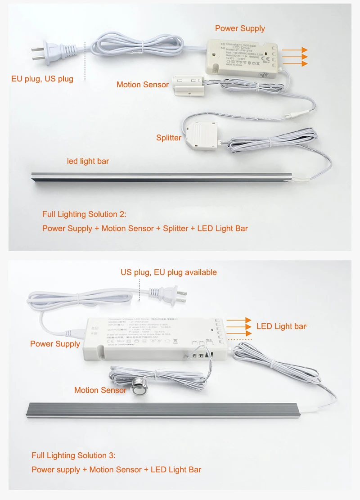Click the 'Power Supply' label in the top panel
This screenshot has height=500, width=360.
coord(240,28)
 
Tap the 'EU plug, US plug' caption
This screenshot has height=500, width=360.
coord(42,79)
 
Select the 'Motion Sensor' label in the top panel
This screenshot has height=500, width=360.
coord(143,85)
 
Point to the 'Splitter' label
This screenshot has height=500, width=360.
coord(169,138)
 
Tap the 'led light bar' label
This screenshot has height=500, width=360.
coord(88,161)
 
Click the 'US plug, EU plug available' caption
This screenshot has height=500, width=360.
coord(169,272)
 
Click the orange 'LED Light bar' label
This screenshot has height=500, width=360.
coord(281,326)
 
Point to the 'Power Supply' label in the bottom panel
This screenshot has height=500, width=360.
coord(55,344)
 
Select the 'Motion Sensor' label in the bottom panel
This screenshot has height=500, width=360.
coord(100,390)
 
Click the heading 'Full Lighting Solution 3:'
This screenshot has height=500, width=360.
coord(73,455)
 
